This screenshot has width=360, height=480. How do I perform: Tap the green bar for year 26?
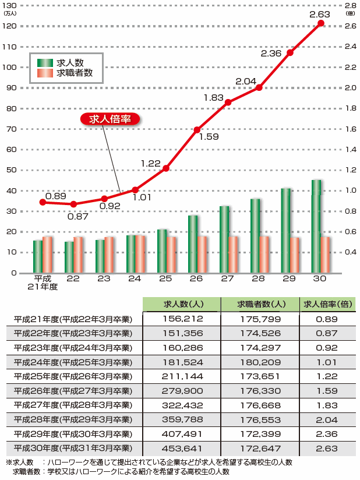pos(193,244)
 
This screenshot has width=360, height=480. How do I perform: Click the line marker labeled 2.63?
pos(321,23)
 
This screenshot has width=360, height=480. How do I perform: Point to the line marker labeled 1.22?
pos(166,168)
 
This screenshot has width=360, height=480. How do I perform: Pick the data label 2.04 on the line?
pos(246,81)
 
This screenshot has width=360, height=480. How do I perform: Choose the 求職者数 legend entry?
pos(74,73)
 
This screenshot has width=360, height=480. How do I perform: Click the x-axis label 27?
pos(227,279)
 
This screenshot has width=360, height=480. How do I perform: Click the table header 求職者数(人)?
pos(260,305)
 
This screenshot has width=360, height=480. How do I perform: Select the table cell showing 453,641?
pos(182,449)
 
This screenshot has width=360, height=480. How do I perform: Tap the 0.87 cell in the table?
pos(326,333)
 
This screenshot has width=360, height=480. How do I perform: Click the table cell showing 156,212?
pos(182,319)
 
